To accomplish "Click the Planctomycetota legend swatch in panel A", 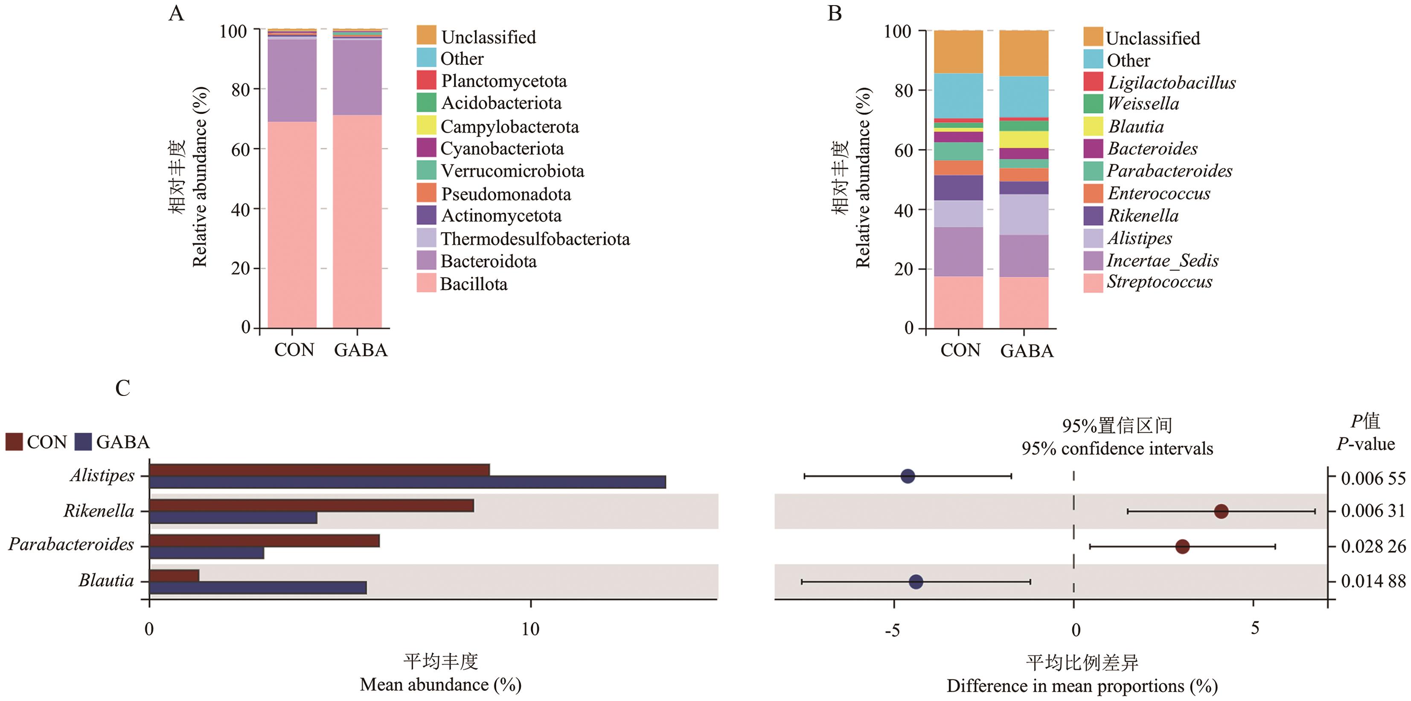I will coord(426,80).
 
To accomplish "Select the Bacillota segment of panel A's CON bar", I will coord(292,224).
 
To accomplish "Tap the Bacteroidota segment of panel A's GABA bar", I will coord(357,77).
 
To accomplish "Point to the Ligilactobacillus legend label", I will coord(1172,82).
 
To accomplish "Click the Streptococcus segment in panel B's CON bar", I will coord(958,303).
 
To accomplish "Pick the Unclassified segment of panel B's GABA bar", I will coord(1024,53).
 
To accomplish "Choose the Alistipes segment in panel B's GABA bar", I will coord(1024,214).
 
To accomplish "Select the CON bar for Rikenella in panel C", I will coord(311,505).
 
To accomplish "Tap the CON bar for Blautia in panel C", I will coord(174,576).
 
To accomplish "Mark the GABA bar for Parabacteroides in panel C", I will coord(207,553).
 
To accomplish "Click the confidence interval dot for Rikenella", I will coord(1221,512).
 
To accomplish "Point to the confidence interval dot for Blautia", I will coord(915,582).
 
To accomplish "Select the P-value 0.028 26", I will coord(1373,546).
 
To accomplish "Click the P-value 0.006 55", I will coord(1373,478).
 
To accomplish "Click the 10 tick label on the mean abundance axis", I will coord(530,629).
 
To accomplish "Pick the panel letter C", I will coord(123,388).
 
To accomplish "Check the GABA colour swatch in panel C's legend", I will coord(83,442).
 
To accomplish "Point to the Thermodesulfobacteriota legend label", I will coord(535,239).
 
